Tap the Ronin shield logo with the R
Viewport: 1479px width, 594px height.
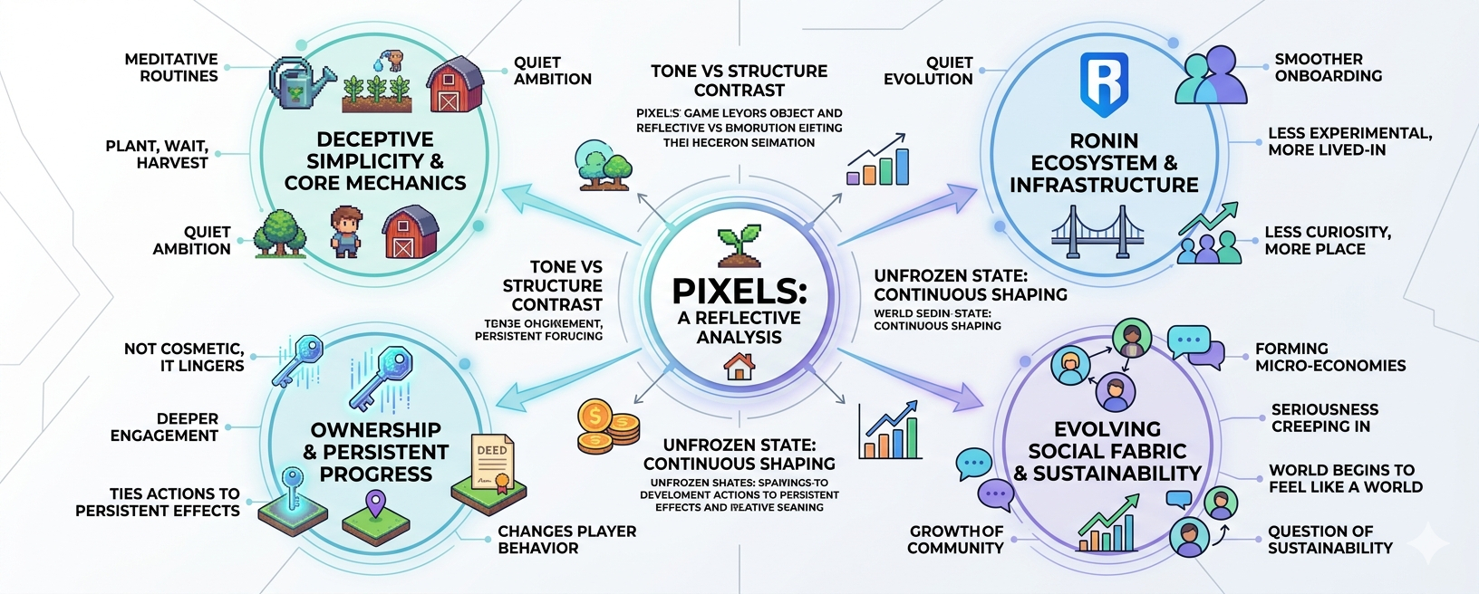[x=1104, y=84]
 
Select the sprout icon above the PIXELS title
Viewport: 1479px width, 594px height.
[x=739, y=246]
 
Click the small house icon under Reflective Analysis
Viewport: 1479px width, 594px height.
[x=739, y=366]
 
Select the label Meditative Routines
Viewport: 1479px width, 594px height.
[x=171, y=67]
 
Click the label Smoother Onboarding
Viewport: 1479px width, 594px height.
[x=1328, y=67]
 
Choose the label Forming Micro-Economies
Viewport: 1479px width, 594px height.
[x=1329, y=357]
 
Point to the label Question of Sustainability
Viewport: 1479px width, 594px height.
[x=1329, y=539]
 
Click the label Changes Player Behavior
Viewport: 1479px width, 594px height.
[x=566, y=539]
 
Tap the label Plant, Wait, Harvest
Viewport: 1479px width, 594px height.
[x=157, y=154]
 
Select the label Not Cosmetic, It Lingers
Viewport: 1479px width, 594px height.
[x=184, y=357]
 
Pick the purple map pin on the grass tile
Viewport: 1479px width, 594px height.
[x=374, y=503]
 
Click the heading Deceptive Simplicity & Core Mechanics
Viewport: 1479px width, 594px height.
[x=375, y=161]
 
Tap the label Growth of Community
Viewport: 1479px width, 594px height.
[x=955, y=539]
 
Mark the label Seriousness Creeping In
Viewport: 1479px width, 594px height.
[x=1324, y=417]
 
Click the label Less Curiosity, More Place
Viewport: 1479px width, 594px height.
[x=1327, y=240]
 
